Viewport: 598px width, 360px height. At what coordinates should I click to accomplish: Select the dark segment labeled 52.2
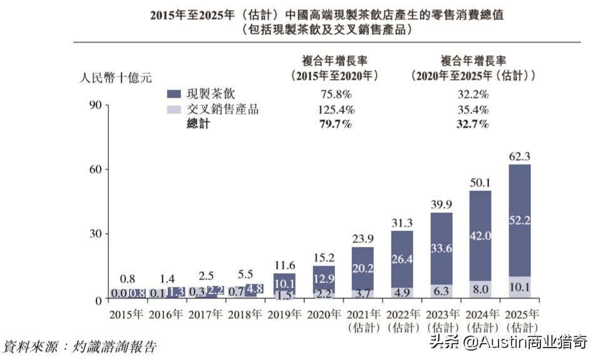520,219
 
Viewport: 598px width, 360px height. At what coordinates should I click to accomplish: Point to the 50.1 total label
481,182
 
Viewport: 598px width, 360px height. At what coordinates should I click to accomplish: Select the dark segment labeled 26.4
402,259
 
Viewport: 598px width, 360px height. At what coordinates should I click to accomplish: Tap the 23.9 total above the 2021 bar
363,239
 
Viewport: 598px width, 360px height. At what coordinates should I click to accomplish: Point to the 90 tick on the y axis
94,105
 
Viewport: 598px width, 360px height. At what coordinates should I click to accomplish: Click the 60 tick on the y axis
94,170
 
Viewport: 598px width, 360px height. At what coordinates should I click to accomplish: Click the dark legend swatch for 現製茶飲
175,94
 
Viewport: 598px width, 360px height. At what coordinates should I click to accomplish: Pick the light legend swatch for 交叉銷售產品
175,110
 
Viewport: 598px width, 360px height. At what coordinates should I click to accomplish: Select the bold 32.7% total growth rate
473,124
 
